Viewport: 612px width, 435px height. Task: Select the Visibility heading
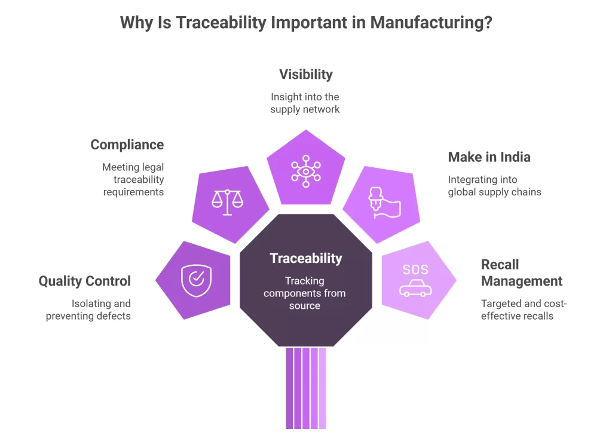[x=305, y=75]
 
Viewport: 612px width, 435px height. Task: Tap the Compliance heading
[x=127, y=145]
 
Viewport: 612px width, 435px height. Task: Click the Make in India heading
[x=489, y=157]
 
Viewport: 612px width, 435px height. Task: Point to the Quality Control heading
[x=84, y=281]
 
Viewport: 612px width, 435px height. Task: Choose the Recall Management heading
[x=521, y=272]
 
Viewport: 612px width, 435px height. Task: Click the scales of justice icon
[x=228, y=201]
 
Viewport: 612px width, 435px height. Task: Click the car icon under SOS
[x=415, y=289]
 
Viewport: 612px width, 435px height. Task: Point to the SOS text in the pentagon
[x=415, y=269]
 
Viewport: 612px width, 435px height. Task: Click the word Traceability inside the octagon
[x=305, y=259]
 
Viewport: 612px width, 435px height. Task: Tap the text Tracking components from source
[x=305, y=293]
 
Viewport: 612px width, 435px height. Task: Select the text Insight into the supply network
[x=305, y=103]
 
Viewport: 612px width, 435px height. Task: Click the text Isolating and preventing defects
[x=88, y=310]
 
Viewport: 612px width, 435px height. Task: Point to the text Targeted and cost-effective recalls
[x=524, y=310]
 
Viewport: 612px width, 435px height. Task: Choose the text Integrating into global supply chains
[x=494, y=186]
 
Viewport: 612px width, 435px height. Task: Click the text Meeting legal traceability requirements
[x=133, y=180]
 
